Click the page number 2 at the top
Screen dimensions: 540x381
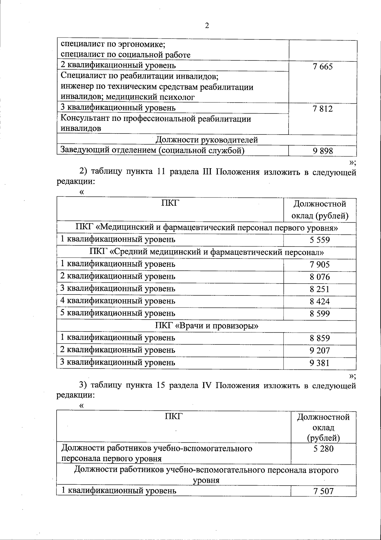click(207, 26)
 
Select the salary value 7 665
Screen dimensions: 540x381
click(323, 67)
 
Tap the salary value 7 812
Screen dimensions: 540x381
click(323, 109)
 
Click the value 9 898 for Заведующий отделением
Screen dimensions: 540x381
click(323, 151)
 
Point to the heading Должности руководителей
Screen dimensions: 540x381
click(206, 140)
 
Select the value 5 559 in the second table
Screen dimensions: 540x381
click(320, 240)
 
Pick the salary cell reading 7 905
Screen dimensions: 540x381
click(320, 265)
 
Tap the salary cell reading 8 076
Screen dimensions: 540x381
click(320, 277)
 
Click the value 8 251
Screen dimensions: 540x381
click(320, 289)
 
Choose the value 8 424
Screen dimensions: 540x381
click(320, 301)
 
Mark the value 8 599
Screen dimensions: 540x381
click(320, 314)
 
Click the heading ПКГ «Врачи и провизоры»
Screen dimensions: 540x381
click(206, 326)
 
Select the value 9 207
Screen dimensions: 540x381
click(320, 351)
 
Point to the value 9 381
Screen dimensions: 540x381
click(320, 363)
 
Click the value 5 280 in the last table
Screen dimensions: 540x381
click(323, 449)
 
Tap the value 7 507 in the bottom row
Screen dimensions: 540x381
click(323, 491)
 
